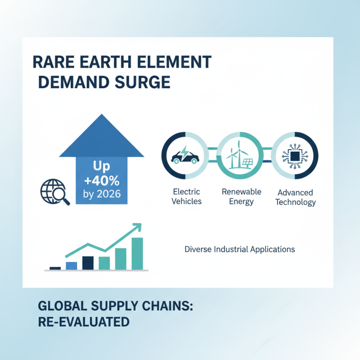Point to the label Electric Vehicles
pyautogui.click(x=186, y=197)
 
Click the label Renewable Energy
pyautogui.click(x=241, y=196)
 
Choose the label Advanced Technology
pyautogui.click(x=295, y=197)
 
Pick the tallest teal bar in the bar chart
pyautogui.click(x=137, y=253)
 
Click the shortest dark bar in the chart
pyautogui.click(x=55, y=268)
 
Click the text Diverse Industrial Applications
pyautogui.click(x=240, y=249)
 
